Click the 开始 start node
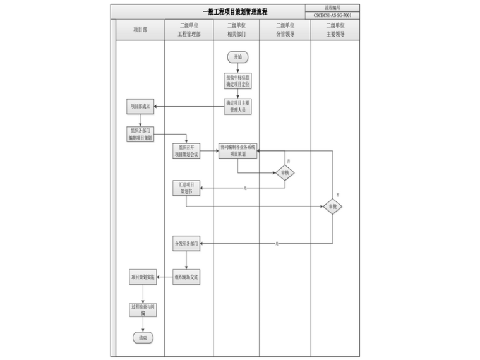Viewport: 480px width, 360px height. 237,57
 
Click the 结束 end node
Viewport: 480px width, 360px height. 142,337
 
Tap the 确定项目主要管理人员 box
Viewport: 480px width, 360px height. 237,105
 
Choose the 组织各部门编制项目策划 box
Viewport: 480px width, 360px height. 140,134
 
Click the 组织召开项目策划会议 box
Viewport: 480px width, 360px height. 187,151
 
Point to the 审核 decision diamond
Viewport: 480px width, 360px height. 284,173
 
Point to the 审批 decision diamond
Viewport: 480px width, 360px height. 332,206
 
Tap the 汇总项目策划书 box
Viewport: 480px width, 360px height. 187,188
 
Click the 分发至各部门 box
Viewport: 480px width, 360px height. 187,243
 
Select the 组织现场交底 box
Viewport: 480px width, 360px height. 187,277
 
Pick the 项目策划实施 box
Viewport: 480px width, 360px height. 142,277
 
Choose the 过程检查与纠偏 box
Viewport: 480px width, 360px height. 142,309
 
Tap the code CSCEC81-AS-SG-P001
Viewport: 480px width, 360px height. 332,15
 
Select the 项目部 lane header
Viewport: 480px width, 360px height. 140,30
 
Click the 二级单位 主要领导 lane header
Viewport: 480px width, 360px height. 335,30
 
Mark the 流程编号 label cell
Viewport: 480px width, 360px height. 332,8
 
